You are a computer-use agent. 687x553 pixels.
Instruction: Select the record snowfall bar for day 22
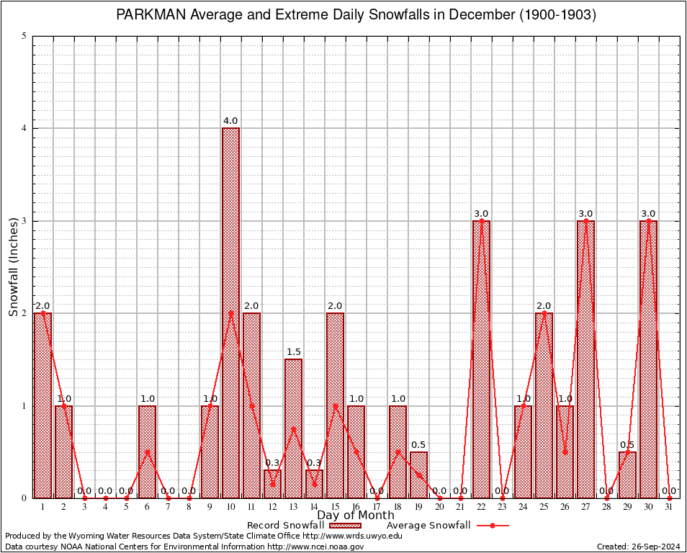coord(481,359)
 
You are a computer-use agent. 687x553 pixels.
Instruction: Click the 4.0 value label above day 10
coord(230,121)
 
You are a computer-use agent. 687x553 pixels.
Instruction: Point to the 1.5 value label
coord(293,352)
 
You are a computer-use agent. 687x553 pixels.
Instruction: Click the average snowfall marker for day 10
coord(230,313)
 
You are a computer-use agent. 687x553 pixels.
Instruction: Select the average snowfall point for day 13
coord(293,428)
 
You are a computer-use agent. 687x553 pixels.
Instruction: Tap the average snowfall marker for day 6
coord(147,451)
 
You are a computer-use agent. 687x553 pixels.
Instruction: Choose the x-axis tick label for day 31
coord(669,507)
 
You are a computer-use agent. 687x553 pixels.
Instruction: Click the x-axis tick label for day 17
coord(377,507)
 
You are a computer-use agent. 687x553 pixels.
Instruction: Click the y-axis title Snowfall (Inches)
coord(13,267)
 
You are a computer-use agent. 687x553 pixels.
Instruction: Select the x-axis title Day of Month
coord(356,516)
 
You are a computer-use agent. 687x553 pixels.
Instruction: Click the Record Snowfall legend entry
coord(285,526)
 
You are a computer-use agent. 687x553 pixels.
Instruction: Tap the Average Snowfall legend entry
coord(428,526)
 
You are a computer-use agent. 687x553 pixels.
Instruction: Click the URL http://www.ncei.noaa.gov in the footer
coord(315,547)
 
